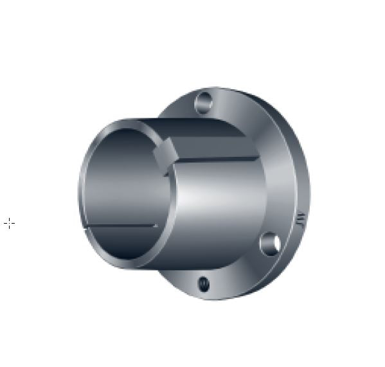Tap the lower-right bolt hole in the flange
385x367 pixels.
point(269,244)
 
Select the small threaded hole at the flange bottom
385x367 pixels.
point(204,283)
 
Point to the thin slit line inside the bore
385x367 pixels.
point(122,226)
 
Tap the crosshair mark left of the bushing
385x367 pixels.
point(9,224)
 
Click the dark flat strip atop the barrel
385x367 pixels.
point(206,138)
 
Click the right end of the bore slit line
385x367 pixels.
point(157,226)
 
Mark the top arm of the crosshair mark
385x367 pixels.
point(9,219)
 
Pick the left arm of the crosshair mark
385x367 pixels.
point(4,224)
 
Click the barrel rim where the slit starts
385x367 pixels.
point(87,228)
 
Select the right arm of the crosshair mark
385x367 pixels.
point(13,224)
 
